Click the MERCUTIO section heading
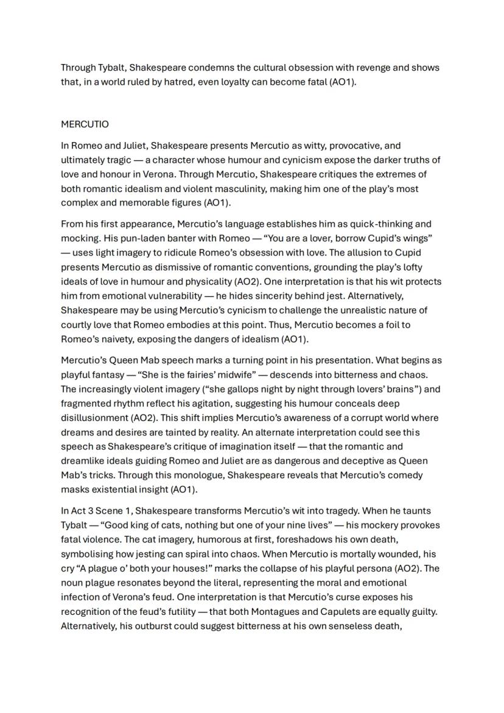click(85, 124)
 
